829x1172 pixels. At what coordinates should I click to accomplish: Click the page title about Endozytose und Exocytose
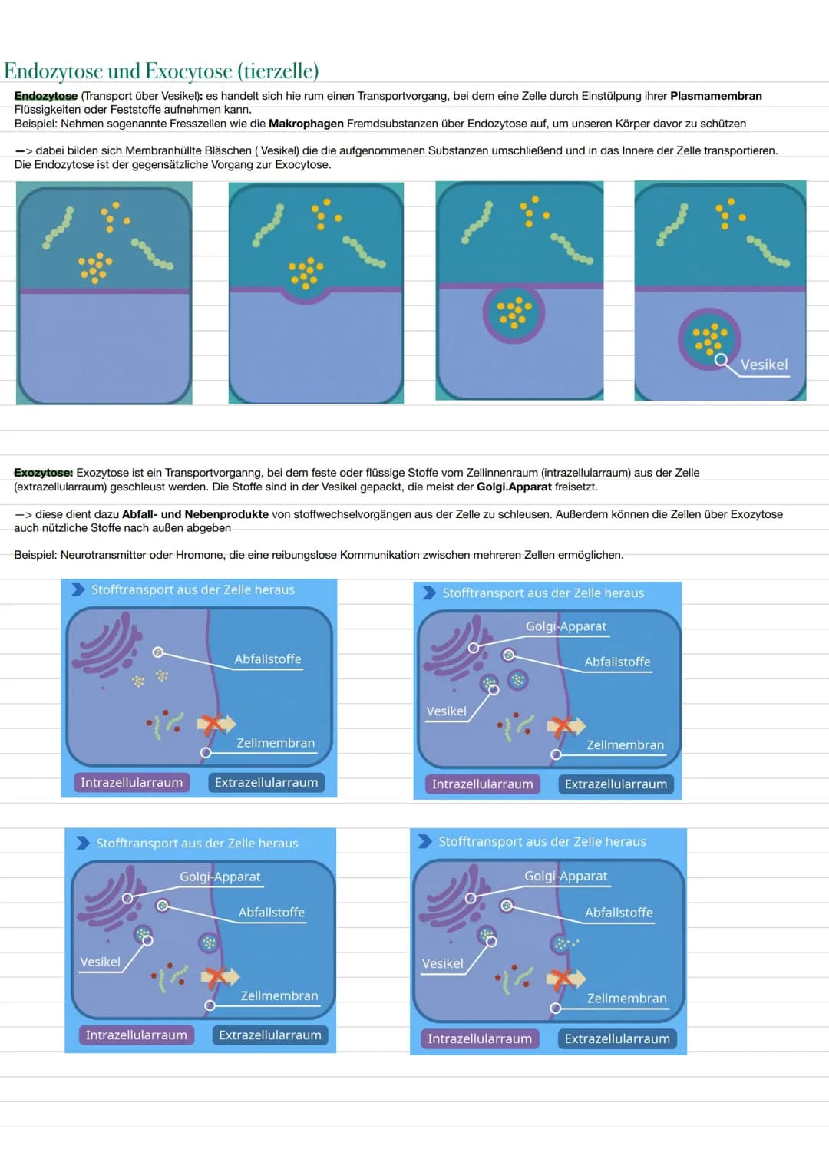[x=161, y=71]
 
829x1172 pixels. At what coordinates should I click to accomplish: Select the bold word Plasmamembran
[x=716, y=96]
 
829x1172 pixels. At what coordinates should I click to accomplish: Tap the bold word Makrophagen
[x=306, y=124]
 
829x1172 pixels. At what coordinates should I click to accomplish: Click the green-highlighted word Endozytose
[x=46, y=96]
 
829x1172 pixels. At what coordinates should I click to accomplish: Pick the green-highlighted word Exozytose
[x=44, y=473]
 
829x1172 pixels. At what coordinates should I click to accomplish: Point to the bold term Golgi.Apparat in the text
[x=514, y=487]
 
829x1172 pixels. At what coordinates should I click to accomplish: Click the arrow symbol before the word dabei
[x=24, y=150]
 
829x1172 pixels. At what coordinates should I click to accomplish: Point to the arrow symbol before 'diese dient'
[x=24, y=514]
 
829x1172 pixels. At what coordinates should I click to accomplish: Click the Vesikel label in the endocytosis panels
[x=764, y=365]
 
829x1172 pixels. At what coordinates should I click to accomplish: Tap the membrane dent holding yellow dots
[x=306, y=293]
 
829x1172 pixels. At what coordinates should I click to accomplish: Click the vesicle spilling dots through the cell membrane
[x=561, y=944]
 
